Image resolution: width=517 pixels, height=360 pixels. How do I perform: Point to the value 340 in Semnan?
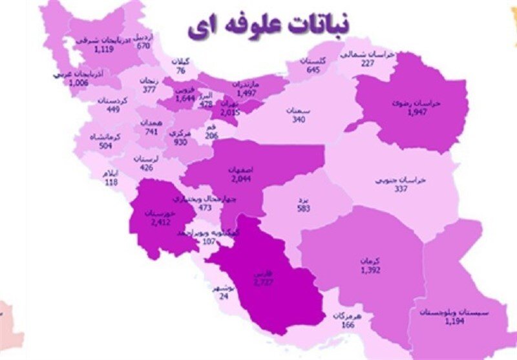pyautogui.click(x=299, y=118)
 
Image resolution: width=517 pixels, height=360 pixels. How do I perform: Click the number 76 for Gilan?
pyautogui.click(x=182, y=70)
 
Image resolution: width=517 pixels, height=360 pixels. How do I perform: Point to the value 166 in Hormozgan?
pyautogui.click(x=347, y=324)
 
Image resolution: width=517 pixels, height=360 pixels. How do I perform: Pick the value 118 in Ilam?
pyautogui.click(x=111, y=183)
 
